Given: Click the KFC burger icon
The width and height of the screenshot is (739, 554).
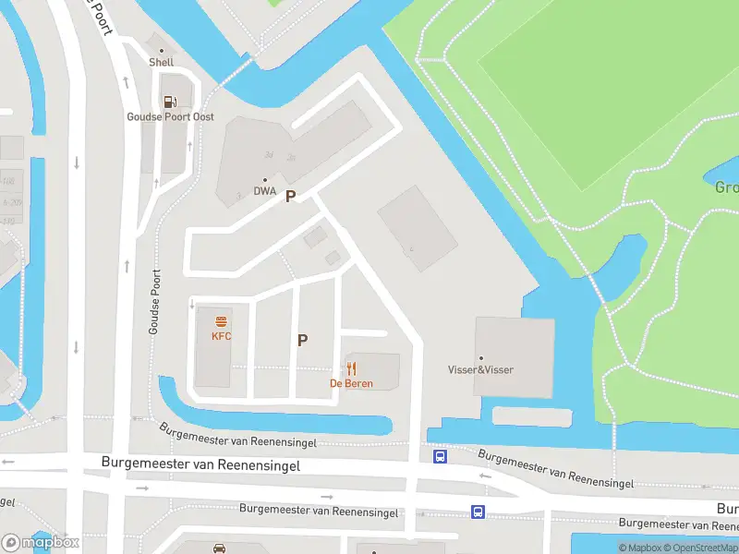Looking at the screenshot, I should tap(222, 321).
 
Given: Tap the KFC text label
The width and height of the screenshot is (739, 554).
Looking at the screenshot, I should tap(222, 336).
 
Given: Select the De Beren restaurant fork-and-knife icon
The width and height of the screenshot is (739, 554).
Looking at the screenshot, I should tap(352, 368).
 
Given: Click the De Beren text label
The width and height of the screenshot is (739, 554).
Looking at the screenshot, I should tap(352, 383).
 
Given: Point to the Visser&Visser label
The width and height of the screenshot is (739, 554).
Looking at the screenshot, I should tap(480, 370).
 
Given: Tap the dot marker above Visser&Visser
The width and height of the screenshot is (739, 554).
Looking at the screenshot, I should tap(480, 357).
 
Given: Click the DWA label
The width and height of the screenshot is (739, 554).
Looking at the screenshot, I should tap(265, 192).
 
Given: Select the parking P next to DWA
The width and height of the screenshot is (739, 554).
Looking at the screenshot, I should tap(290, 196).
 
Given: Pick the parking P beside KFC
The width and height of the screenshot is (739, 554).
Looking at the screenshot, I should tap(302, 340).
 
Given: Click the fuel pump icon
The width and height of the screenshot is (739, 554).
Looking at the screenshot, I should tap(169, 102).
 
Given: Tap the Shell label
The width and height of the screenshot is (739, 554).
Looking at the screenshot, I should tap(162, 63).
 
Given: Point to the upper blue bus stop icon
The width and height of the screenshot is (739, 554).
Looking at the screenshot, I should tap(441, 456).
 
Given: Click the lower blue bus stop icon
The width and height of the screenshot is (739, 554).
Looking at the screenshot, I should tap(478, 512).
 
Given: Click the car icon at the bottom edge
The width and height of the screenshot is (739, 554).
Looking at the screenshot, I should tap(220, 548).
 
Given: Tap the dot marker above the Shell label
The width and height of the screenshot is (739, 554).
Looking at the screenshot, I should tap(162, 51).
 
